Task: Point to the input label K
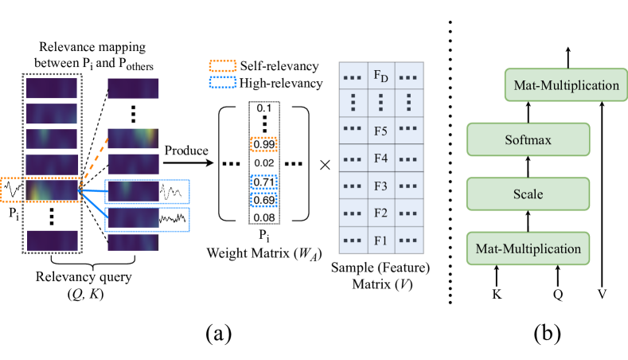(497, 292)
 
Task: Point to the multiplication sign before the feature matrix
(325, 166)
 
